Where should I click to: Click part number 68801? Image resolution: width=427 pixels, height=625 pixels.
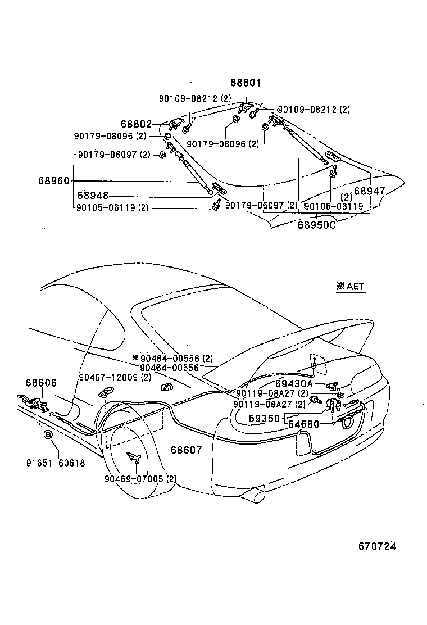247,83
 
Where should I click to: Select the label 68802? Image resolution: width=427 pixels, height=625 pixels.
136,123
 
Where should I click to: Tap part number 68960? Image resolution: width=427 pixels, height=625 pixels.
54,181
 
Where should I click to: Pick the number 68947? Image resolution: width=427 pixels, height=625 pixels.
370,191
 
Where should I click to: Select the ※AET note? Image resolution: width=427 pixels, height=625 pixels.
351,287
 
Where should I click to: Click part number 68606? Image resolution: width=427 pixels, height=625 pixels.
41,383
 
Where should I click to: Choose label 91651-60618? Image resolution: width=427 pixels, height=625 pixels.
56,463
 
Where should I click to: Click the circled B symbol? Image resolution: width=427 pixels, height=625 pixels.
48,434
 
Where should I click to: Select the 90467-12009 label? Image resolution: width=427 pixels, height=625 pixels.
114,377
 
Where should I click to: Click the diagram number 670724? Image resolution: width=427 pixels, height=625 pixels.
382,546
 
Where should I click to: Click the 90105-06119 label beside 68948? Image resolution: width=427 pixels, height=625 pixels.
112,207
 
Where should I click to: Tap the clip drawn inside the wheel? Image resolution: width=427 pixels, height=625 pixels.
134,457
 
